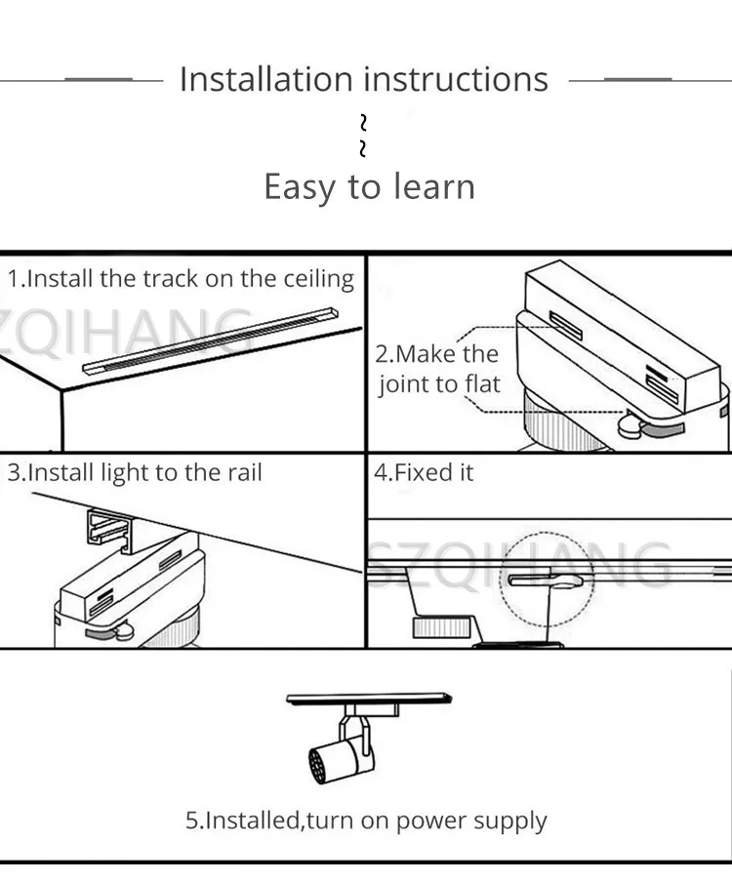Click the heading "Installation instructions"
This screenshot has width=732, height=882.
[x=364, y=79]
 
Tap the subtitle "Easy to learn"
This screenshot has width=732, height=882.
[x=369, y=186]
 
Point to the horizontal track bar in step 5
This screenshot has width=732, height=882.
[x=369, y=699]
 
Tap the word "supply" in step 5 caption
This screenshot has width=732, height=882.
[x=510, y=822]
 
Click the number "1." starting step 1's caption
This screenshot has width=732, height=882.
[x=16, y=279]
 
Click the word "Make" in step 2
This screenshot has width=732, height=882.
[x=428, y=354]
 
